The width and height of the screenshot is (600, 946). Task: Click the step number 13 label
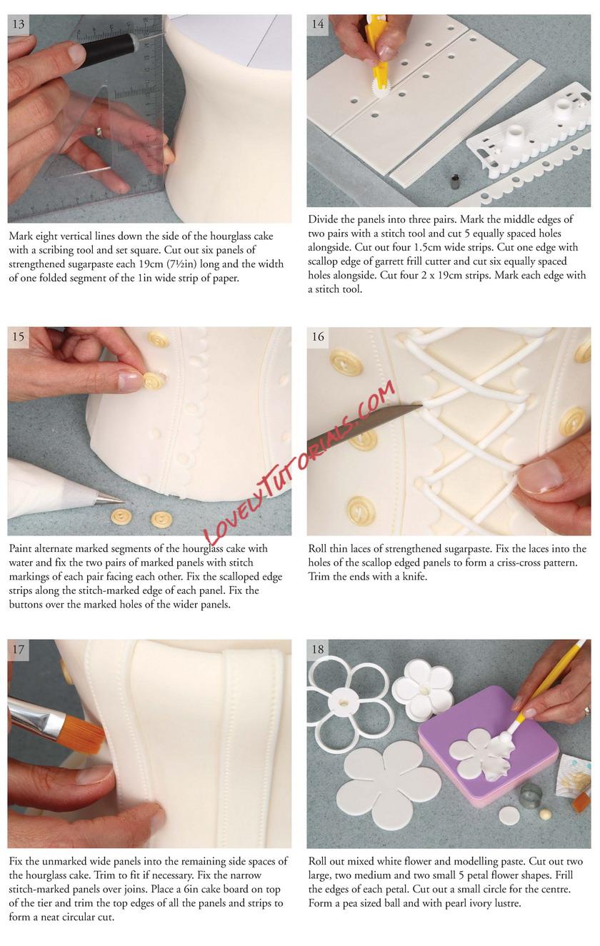[x=19, y=24]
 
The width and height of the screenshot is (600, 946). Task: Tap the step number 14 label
[x=317, y=24]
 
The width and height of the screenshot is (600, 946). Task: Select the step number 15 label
[x=19, y=336]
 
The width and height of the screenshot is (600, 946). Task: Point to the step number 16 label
[x=318, y=336]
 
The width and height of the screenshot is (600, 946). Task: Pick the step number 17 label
[x=19, y=649]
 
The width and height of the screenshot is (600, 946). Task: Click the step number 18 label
[x=318, y=649]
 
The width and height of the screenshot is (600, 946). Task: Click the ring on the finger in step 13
[x=99, y=133]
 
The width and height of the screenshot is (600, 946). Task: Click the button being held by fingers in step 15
[x=151, y=381]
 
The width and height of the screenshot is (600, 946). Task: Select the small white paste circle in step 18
[x=509, y=815]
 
